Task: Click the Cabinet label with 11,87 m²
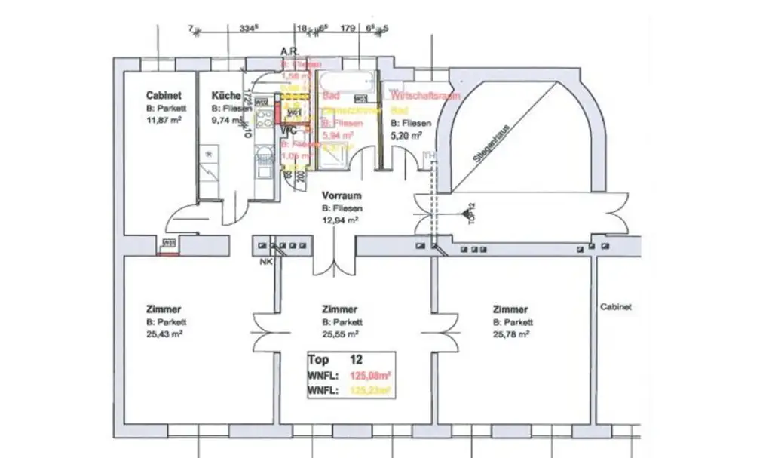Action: [x=164, y=96]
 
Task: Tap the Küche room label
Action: [x=226, y=96]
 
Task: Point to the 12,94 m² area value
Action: [x=339, y=220]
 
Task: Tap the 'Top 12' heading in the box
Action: [x=335, y=360]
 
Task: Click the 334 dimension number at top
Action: [x=249, y=29]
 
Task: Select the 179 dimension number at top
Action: [x=348, y=29]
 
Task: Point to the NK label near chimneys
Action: [x=265, y=263]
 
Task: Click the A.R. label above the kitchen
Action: [x=290, y=52]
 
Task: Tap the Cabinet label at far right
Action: [x=616, y=307]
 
